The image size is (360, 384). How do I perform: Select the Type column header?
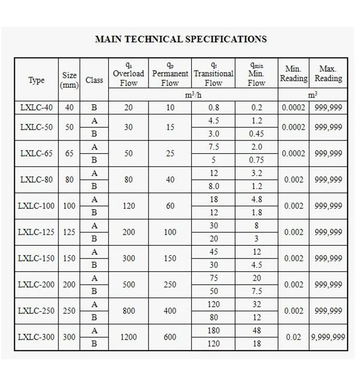tap(36, 80)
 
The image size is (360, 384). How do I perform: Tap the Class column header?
tap(94, 80)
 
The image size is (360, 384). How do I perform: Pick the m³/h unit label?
tap(193, 96)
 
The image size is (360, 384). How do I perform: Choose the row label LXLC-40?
tap(36, 108)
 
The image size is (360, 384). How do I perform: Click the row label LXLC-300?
tap(36, 337)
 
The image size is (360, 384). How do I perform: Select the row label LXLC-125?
tap(36, 232)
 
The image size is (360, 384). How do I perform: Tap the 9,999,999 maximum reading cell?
tap(328, 337)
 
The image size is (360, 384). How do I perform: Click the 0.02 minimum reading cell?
tap(293, 337)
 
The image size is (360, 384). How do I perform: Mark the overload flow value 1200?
tap(128, 337)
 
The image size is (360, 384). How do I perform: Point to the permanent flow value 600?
tap(170, 337)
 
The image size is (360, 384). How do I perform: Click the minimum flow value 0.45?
tap(257, 134)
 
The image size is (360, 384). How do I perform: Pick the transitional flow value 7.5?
tap(214, 147)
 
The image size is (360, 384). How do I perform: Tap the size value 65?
tap(69, 154)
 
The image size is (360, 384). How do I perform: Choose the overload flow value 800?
tap(128, 311)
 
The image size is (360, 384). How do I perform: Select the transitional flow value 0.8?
tap(214, 108)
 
